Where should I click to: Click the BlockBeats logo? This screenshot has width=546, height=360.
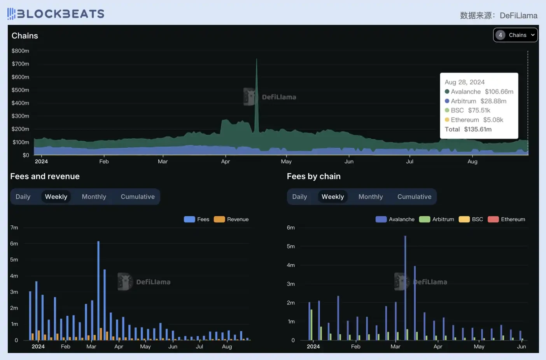tap(56, 14)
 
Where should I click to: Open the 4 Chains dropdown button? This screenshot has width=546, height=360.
tap(515, 35)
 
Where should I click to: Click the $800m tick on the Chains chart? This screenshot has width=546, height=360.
tap(20, 51)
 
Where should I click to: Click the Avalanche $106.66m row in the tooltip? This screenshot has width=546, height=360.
tap(479, 92)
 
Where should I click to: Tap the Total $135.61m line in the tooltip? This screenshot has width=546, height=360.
tap(468, 129)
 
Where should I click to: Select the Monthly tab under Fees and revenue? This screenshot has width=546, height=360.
tap(94, 197)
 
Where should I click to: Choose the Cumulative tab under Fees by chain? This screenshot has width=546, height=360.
tap(414, 197)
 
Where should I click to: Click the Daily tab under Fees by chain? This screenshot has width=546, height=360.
tap(299, 197)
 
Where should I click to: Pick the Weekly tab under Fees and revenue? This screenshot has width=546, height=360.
tap(56, 197)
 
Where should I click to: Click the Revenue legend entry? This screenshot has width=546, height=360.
tap(231, 219)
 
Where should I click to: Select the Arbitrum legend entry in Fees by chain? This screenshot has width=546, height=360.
tap(437, 219)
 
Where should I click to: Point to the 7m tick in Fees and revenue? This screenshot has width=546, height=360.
tap(14, 227)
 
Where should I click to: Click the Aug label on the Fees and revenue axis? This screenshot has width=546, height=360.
tap(227, 346)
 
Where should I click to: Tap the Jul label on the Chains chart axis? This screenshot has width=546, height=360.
tap(409, 161)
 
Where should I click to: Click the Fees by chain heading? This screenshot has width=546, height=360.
tap(313, 176)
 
